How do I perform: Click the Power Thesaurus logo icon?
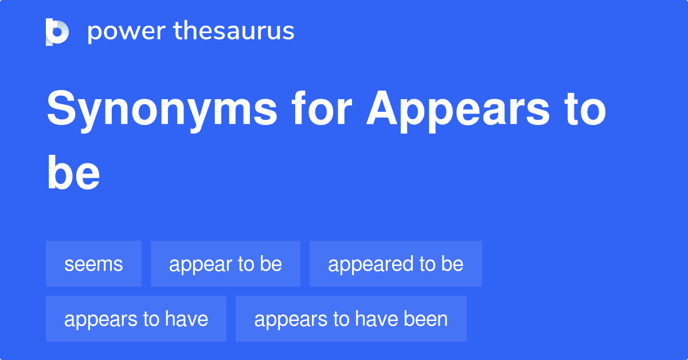tap(57, 32)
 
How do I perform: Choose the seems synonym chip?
tap(93, 264)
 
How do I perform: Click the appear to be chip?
tap(225, 264)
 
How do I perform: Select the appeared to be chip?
tap(396, 264)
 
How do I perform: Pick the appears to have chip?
tap(136, 319)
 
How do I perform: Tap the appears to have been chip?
tap(351, 319)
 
